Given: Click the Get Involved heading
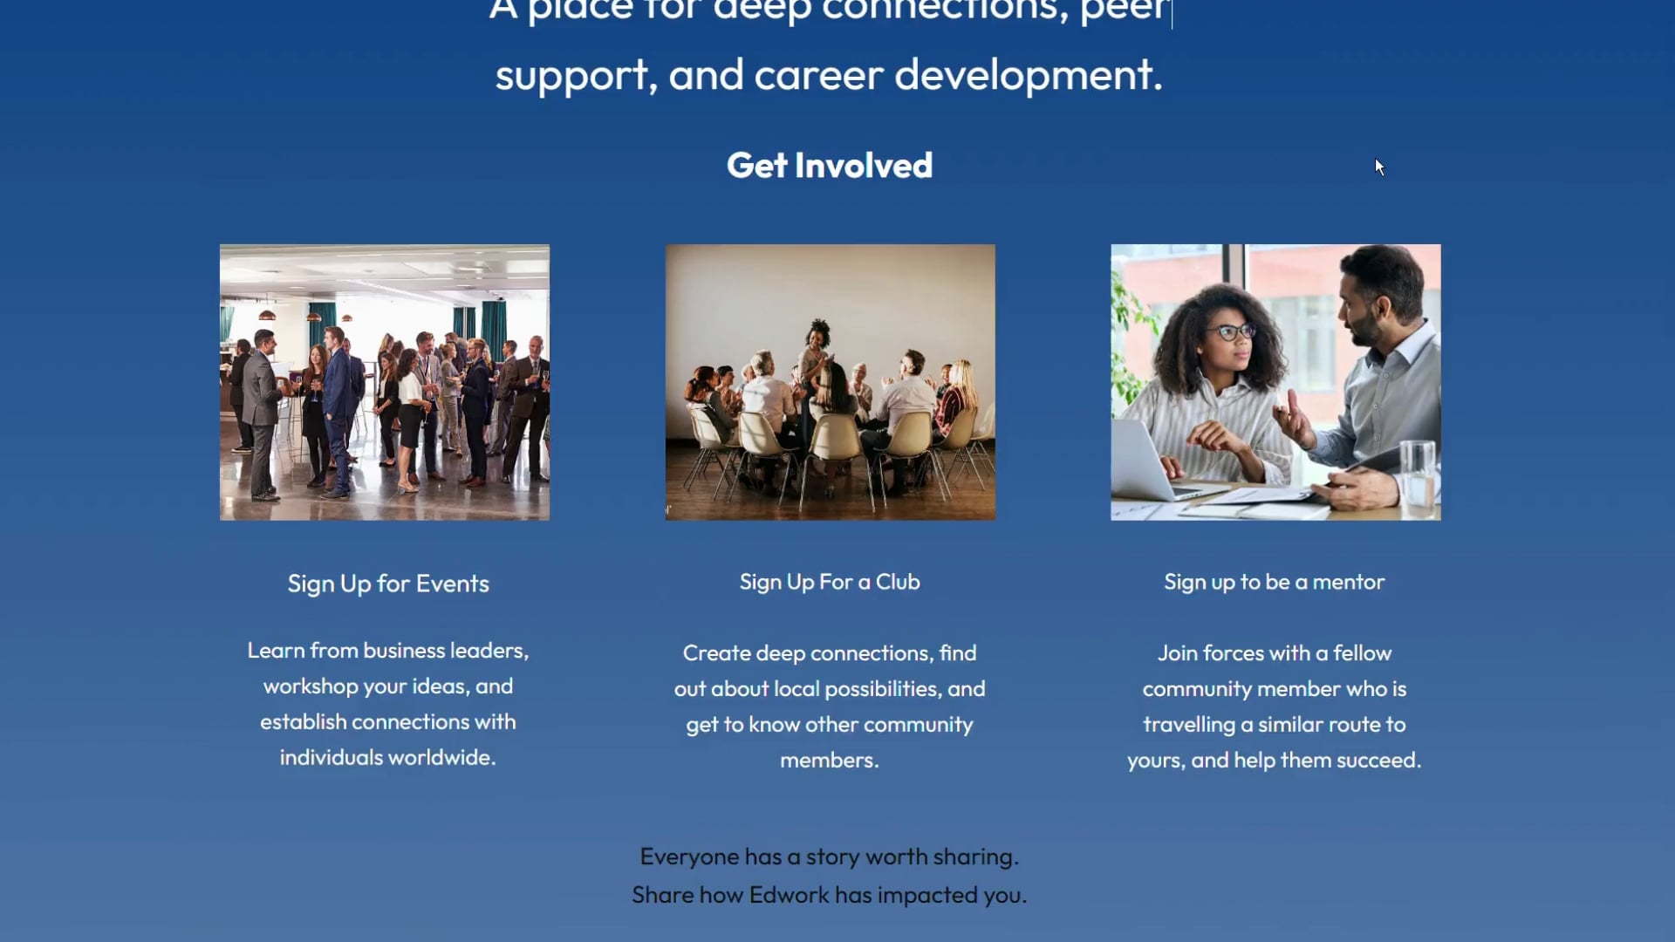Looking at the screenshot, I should tap(829, 166).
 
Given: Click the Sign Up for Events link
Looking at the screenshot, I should tap(388, 584).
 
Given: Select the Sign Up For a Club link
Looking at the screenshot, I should tap(829, 582).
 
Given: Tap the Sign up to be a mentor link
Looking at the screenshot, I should tap(1274, 582).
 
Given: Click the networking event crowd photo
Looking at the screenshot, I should tap(385, 382).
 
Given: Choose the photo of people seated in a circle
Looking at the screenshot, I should tap(830, 382).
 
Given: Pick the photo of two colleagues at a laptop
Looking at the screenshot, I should tap(1275, 382).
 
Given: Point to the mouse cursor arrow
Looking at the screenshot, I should tap(1378, 166).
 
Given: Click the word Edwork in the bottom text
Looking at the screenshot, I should tap(789, 895).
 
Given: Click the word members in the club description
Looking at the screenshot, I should tap(828, 761).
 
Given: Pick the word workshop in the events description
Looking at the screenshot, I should tap(310, 686).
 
